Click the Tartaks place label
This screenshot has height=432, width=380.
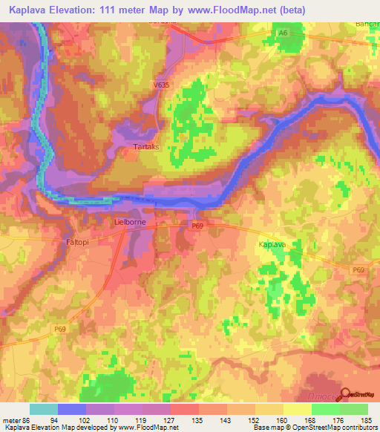point(144,148)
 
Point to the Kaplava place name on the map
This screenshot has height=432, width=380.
point(272,243)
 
